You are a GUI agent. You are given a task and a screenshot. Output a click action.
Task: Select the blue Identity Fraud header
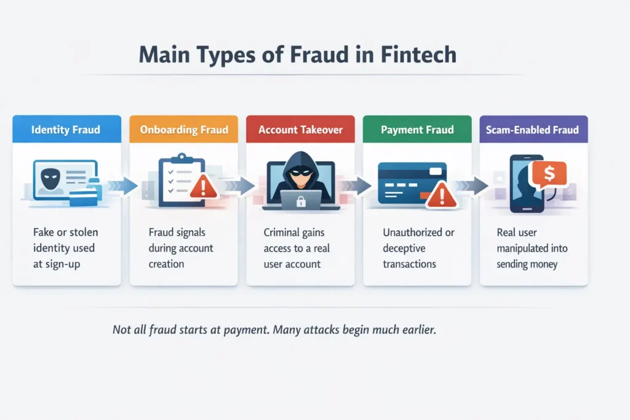coord(66,130)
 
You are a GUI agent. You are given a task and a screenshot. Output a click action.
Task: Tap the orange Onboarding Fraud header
coord(184,130)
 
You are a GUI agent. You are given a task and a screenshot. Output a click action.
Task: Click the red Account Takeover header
coord(300,130)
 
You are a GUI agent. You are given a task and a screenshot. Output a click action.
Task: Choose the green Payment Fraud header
coord(417,130)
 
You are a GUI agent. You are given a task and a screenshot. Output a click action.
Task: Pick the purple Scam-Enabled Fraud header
coord(533,130)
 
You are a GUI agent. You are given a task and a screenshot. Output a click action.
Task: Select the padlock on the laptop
coord(301,200)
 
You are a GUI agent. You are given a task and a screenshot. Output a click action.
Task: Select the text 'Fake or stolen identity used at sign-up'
coord(66,248)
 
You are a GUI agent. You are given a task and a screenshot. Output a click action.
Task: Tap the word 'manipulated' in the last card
coord(532,248)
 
